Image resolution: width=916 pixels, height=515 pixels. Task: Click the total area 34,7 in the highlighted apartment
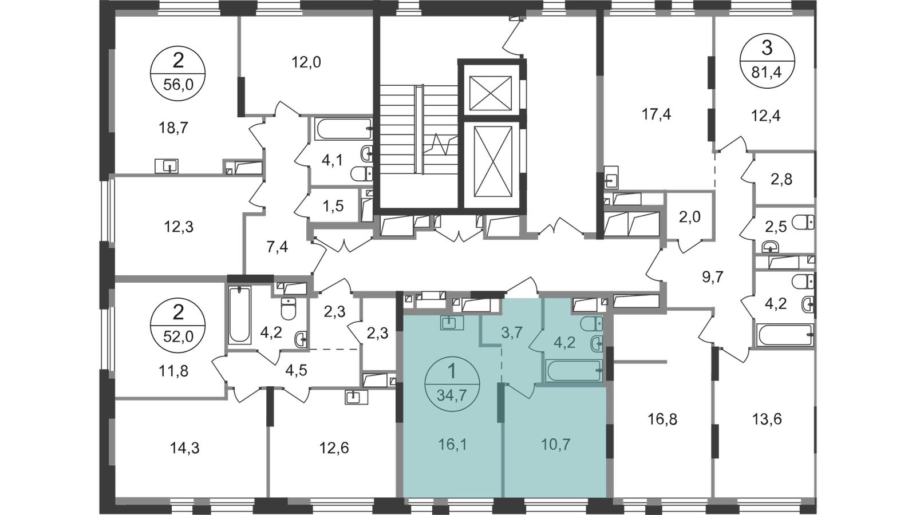[x=452, y=394]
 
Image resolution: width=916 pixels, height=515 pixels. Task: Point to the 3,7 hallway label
[x=512, y=332]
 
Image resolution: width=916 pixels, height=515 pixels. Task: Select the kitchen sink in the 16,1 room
[x=452, y=323]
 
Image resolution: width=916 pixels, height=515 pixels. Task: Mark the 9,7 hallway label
[x=713, y=278]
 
